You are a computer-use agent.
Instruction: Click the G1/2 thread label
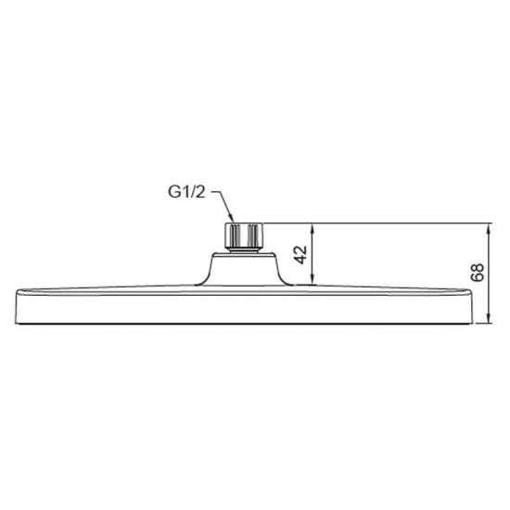pyautogui.click(x=189, y=192)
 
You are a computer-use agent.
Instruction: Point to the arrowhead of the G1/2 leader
pyautogui.click(x=230, y=219)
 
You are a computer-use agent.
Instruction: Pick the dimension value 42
pyautogui.click(x=301, y=255)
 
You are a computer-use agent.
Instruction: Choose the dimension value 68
pyautogui.click(x=477, y=273)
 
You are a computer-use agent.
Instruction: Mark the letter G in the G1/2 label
pyautogui.click(x=175, y=192)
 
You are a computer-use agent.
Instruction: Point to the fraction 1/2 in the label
pyautogui.click(x=196, y=192)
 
